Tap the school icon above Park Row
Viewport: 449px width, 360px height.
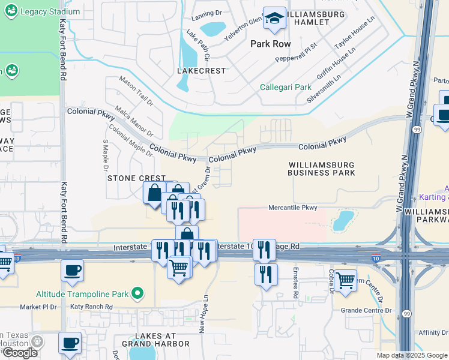click(x=275, y=20)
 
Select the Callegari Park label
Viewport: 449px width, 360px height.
click(x=286, y=87)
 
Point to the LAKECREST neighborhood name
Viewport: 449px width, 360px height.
click(x=202, y=71)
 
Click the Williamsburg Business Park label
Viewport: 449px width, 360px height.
click(x=321, y=169)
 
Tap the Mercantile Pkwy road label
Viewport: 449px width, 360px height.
click(x=292, y=208)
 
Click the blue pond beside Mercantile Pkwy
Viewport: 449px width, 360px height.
click(x=342, y=220)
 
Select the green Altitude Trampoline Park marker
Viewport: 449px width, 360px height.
click(x=137, y=293)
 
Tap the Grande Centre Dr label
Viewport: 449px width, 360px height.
click(x=366, y=311)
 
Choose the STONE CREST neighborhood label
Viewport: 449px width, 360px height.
click(x=136, y=178)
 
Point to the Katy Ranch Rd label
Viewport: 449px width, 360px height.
click(x=91, y=307)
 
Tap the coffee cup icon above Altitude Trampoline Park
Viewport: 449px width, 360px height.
click(x=72, y=271)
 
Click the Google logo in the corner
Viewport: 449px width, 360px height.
click(x=20, y=353)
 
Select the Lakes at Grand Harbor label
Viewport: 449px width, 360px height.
click(x=155, y=340)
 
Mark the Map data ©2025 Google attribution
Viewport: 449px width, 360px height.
click(x=411, y=355)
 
